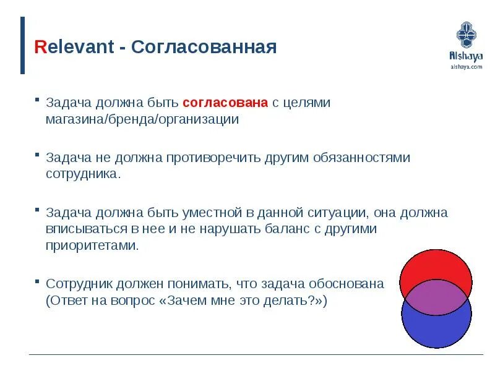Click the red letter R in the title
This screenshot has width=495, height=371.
[x=40, y=47]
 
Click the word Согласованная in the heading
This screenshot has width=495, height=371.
[x=204, y=47]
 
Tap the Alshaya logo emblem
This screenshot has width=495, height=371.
[x=467, y=35]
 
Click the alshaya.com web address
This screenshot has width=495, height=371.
[x=467, y=67]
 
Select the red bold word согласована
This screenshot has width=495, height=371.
[x=225, y=103]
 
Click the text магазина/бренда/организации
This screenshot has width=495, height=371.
[x=142, y=119]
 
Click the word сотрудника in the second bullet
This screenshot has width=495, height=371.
[x=82, y=174]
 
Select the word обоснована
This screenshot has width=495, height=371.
[x=346, y=284]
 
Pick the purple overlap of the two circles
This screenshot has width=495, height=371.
[x=436, y=297]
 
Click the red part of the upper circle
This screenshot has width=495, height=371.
[x=436, y=265]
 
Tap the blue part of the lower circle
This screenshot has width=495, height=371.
[x=436, y=331]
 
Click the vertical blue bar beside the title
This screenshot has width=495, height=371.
[x=22, y=45]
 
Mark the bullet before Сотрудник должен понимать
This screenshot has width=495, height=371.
[x=37, y=281]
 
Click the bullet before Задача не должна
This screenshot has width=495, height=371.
[x=37, y=155]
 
